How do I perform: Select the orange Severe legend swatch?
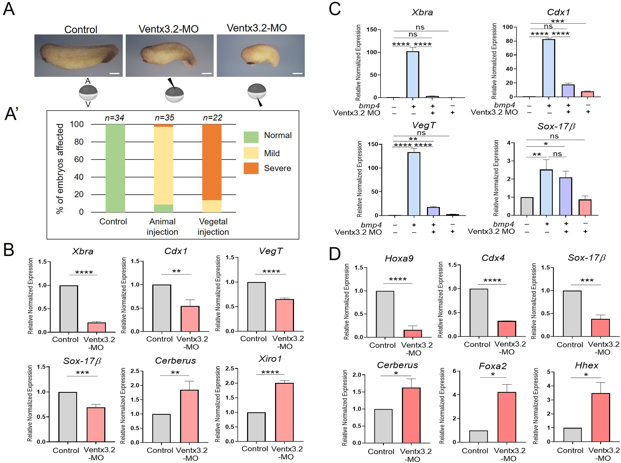point(251,168)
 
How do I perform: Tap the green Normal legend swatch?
point(251,137)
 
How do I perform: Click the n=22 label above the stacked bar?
point(212,118)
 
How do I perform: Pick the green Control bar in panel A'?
point(115,168)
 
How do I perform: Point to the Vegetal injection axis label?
point(213,227)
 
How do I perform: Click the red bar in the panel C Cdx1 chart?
point(587,94)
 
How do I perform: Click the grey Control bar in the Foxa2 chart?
point(478,436)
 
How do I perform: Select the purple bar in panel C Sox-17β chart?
point(566,196)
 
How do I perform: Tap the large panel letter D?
point(334,254)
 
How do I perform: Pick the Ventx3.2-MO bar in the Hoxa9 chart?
point(413,333)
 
